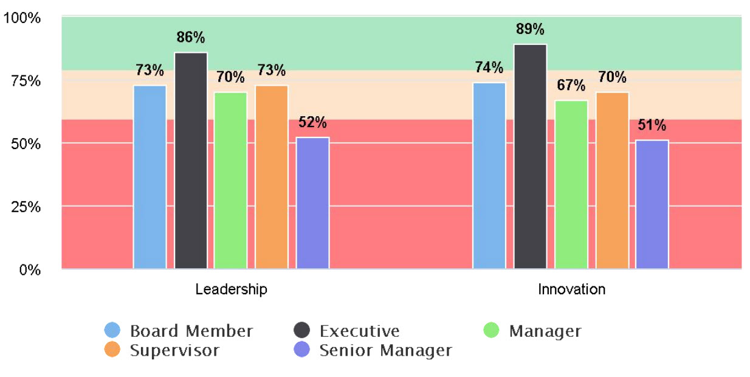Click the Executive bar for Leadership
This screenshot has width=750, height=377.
(191, 161)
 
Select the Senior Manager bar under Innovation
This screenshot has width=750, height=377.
(652, 204)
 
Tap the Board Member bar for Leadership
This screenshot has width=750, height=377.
(150, 177)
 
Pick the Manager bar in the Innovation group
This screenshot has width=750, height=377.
(571, 185)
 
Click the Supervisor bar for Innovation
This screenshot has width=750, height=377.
(612, 181)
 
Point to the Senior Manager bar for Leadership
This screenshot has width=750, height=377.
(312, 203)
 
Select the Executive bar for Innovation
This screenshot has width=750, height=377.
(530, 156)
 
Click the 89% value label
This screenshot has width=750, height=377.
(530, 30)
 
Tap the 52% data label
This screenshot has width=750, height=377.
(312, 123)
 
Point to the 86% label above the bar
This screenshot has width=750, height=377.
(191, 38)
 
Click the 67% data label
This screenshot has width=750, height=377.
(571, 86)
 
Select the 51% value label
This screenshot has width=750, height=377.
(652, 126)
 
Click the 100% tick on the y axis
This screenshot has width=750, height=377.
(22, 18)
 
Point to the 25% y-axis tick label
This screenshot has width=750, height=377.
(25, 207)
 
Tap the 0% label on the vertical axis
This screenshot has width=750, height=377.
(29, 269)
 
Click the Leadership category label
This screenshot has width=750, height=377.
(231, 289)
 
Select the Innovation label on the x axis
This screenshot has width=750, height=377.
(571, 289)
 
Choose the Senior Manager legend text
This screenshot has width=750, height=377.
(385, 350)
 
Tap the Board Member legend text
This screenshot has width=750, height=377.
(191, 331)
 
